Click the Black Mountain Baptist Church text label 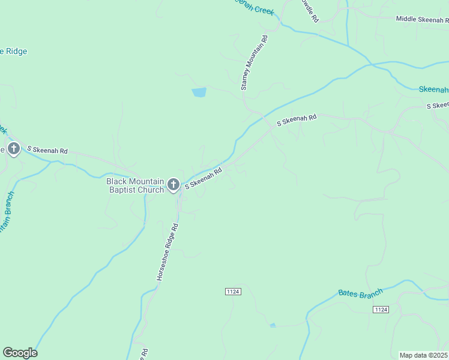tap(135, 185)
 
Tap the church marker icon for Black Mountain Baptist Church tap(173, 185)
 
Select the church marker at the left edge tap(14, 149)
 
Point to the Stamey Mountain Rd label tap(254, 63)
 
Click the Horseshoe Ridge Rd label tap(167, 252)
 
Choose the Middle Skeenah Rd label tap(421, 19)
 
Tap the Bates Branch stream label tap(360, 293)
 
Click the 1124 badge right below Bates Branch tap(381, 309)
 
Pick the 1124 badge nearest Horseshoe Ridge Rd tap(234, 291)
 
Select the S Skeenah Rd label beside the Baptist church tap(203, 178)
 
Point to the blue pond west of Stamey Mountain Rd tap(199, 92)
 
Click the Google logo tap(20, 353)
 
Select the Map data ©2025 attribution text tap(423, 355)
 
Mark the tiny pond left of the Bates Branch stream tap(273, 325)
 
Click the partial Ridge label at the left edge tap(13, 52)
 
